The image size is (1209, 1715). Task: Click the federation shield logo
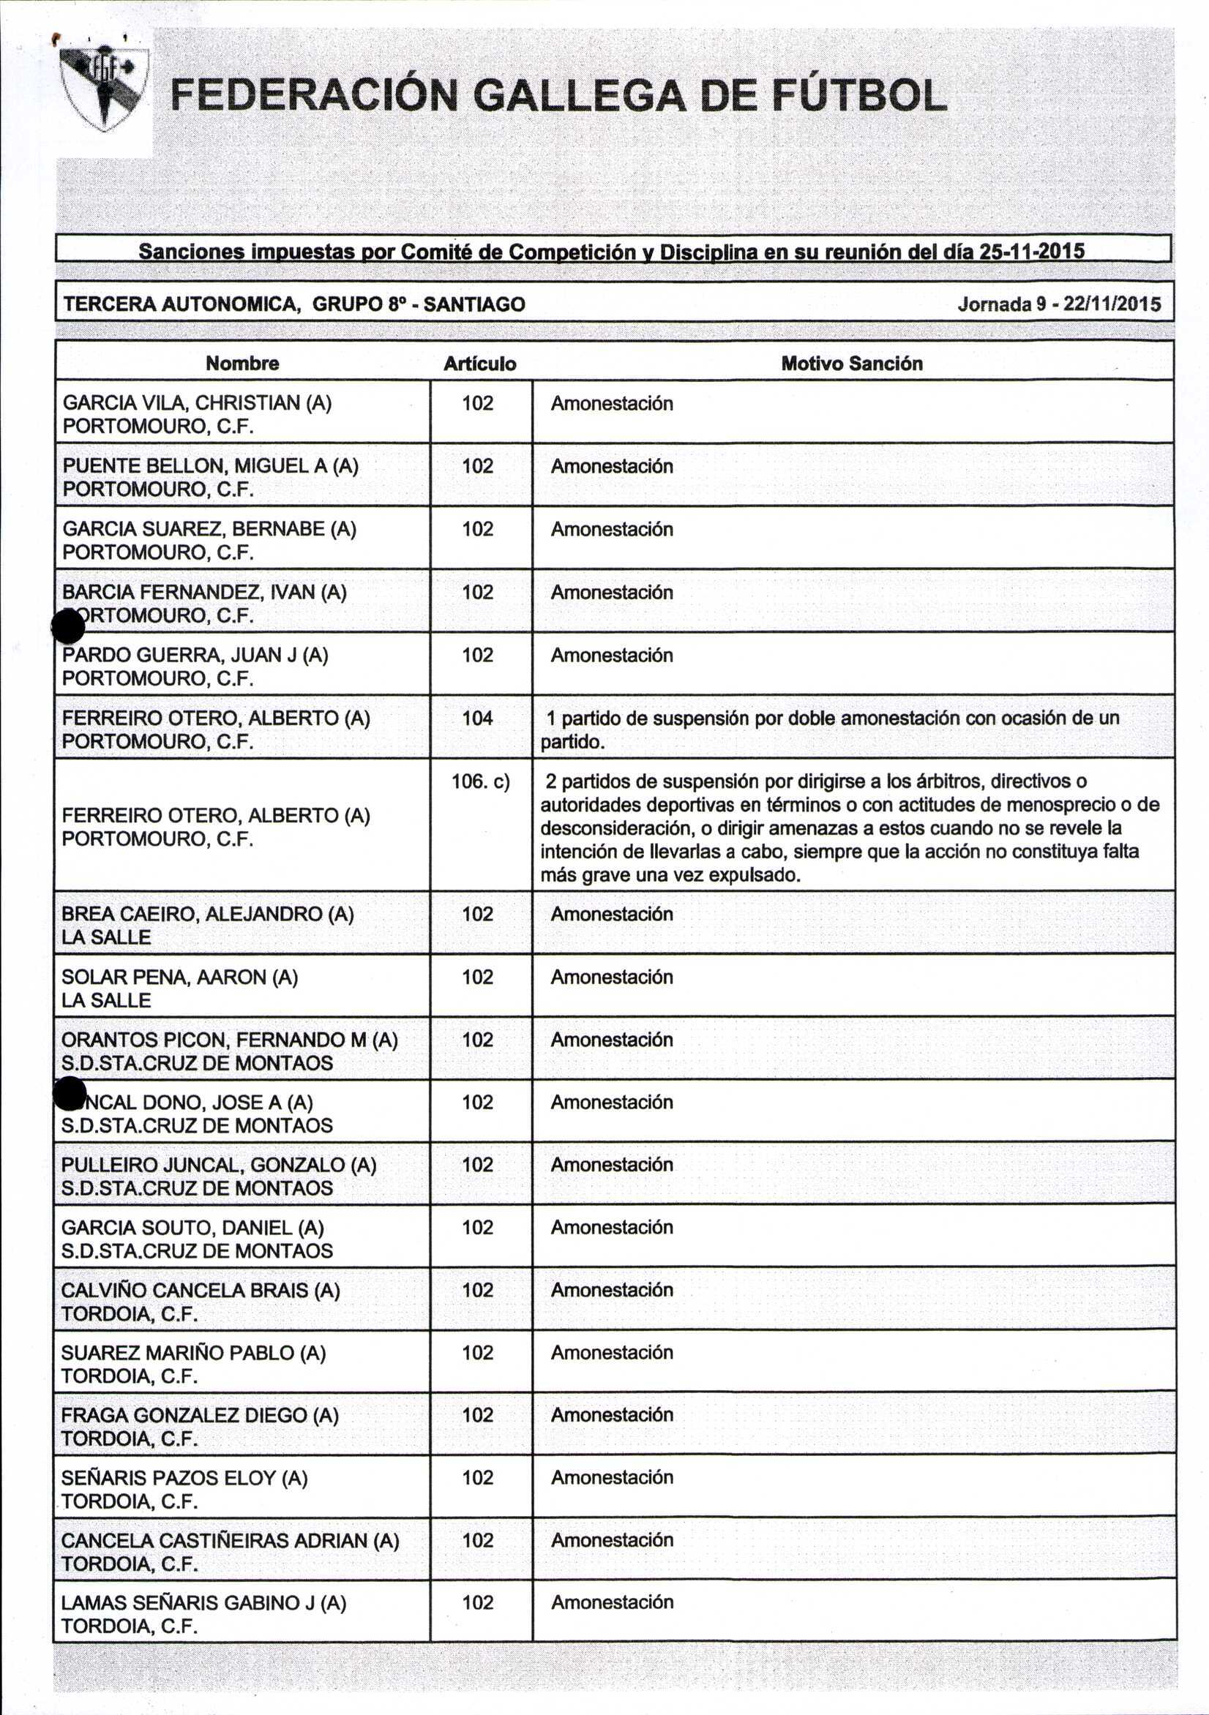click(104, 88)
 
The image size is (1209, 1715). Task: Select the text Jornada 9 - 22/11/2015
click(1059, 304)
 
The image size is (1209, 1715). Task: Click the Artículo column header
click(479, 364)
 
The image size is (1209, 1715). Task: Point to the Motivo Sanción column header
click(851, 364)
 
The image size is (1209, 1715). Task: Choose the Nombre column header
click(242, 364)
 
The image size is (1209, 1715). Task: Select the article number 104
click(477, 718)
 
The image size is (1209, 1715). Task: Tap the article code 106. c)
click(481, 782)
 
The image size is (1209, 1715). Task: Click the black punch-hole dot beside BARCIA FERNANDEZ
click(68, 626)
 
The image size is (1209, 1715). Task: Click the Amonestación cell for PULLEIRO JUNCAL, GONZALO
click(611, 1165)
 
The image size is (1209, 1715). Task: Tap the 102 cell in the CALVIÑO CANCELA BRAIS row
click(477, 1290)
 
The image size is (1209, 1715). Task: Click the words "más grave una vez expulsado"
click(670, 874)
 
